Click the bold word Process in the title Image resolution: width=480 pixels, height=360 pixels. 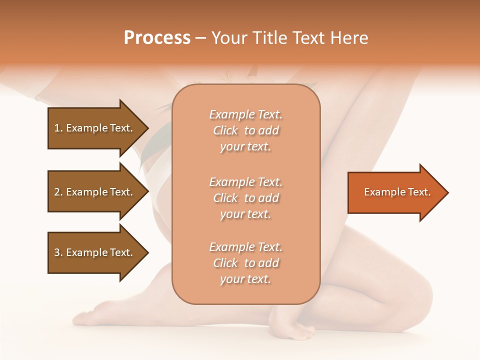[157, 38]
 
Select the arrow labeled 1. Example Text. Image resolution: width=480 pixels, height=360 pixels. [95, 128]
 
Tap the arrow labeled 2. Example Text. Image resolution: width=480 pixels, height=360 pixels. [95, 192]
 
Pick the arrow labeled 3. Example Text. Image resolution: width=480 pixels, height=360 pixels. [95, 252]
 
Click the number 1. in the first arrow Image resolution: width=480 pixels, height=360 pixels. [58, 128]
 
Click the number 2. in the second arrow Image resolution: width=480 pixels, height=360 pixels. [58, 192]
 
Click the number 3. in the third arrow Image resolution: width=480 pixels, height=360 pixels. [58, 252]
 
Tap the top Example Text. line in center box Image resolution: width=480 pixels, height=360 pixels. [245, 114]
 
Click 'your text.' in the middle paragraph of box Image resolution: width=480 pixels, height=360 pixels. [245, 214]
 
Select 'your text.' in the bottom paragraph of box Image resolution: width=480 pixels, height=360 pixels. [245, 279]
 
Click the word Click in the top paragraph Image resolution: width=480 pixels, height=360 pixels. [225, 130]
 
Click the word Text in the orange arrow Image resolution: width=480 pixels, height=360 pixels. [419, 192]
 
